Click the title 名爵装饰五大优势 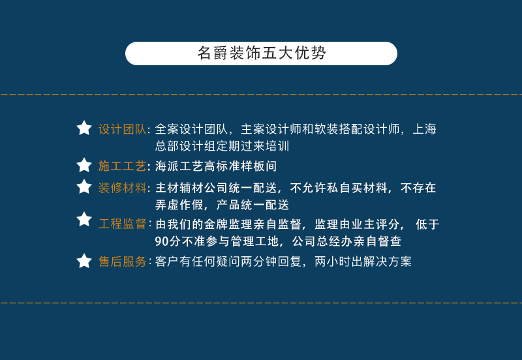coord(261,53)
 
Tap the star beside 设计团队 coord(84,128)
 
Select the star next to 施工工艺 coord(84,165)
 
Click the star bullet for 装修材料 coord(84,187)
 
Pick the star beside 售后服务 coord(84,262)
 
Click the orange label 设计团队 coord(122,129)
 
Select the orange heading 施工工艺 coord(122,166)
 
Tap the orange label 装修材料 coord(122,188)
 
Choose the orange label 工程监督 coord(122,224)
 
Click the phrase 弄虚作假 coord(178,205)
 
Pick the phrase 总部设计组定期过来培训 coord(222,146)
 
